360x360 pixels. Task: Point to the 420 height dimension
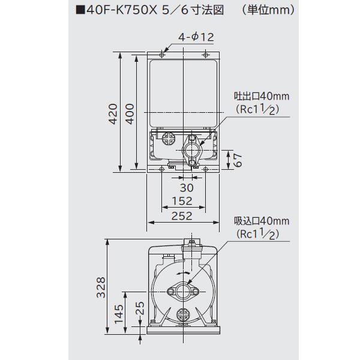[111, 113]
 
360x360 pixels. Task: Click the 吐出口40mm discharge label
[262, 97]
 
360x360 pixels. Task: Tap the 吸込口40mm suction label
[262, 220]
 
